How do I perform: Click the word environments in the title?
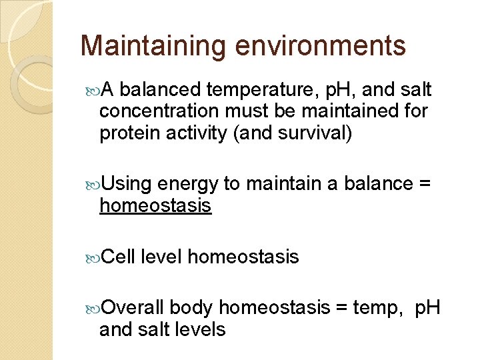click(319, 47)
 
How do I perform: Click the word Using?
click(127, 184)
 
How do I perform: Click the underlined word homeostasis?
click(155, 206)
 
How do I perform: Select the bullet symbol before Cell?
click(93, 257)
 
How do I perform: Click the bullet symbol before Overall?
click(93, 308)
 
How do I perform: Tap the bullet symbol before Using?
click(93, 185)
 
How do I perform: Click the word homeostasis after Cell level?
click(243, 256)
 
